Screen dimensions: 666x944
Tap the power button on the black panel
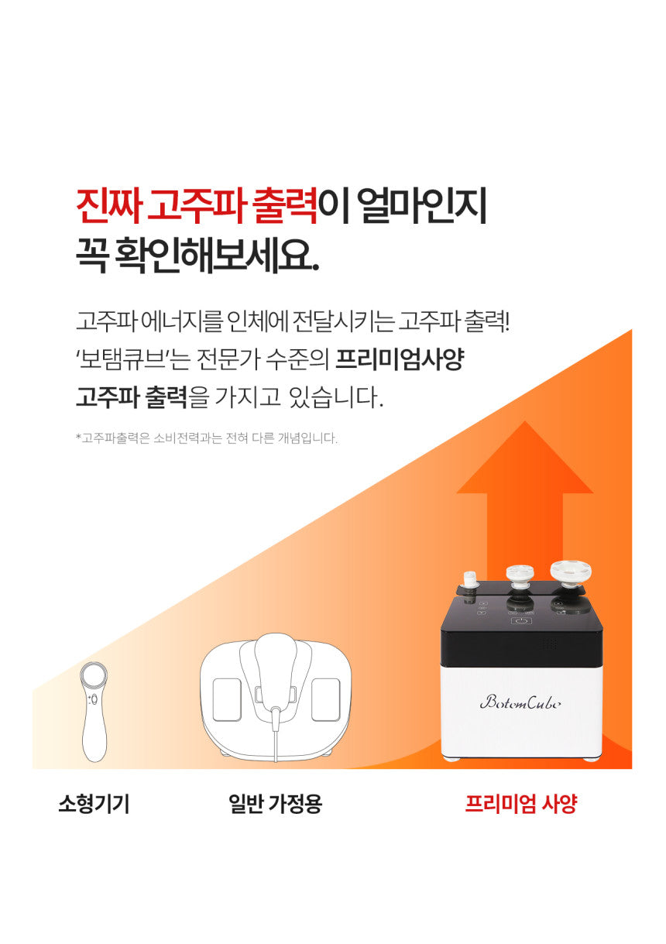point(521,621)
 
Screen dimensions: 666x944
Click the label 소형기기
point(94,803)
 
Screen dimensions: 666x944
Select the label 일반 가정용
point(275,803)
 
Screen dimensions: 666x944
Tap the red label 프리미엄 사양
point(521,803)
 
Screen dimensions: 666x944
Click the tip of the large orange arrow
point(525,421)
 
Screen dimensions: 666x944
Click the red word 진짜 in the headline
point(108,206)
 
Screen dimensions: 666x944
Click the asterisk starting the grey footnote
point(78,437)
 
